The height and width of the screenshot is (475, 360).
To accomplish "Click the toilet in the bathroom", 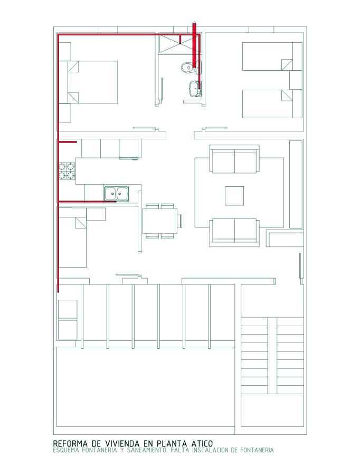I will tap(187, 68).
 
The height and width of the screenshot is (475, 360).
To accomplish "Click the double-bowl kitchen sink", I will tap(117, 194).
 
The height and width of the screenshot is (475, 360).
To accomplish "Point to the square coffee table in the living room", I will tap(234, 195).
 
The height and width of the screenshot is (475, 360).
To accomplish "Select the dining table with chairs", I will tap(160, 220).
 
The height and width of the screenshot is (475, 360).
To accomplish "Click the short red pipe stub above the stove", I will tap(68, 142).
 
